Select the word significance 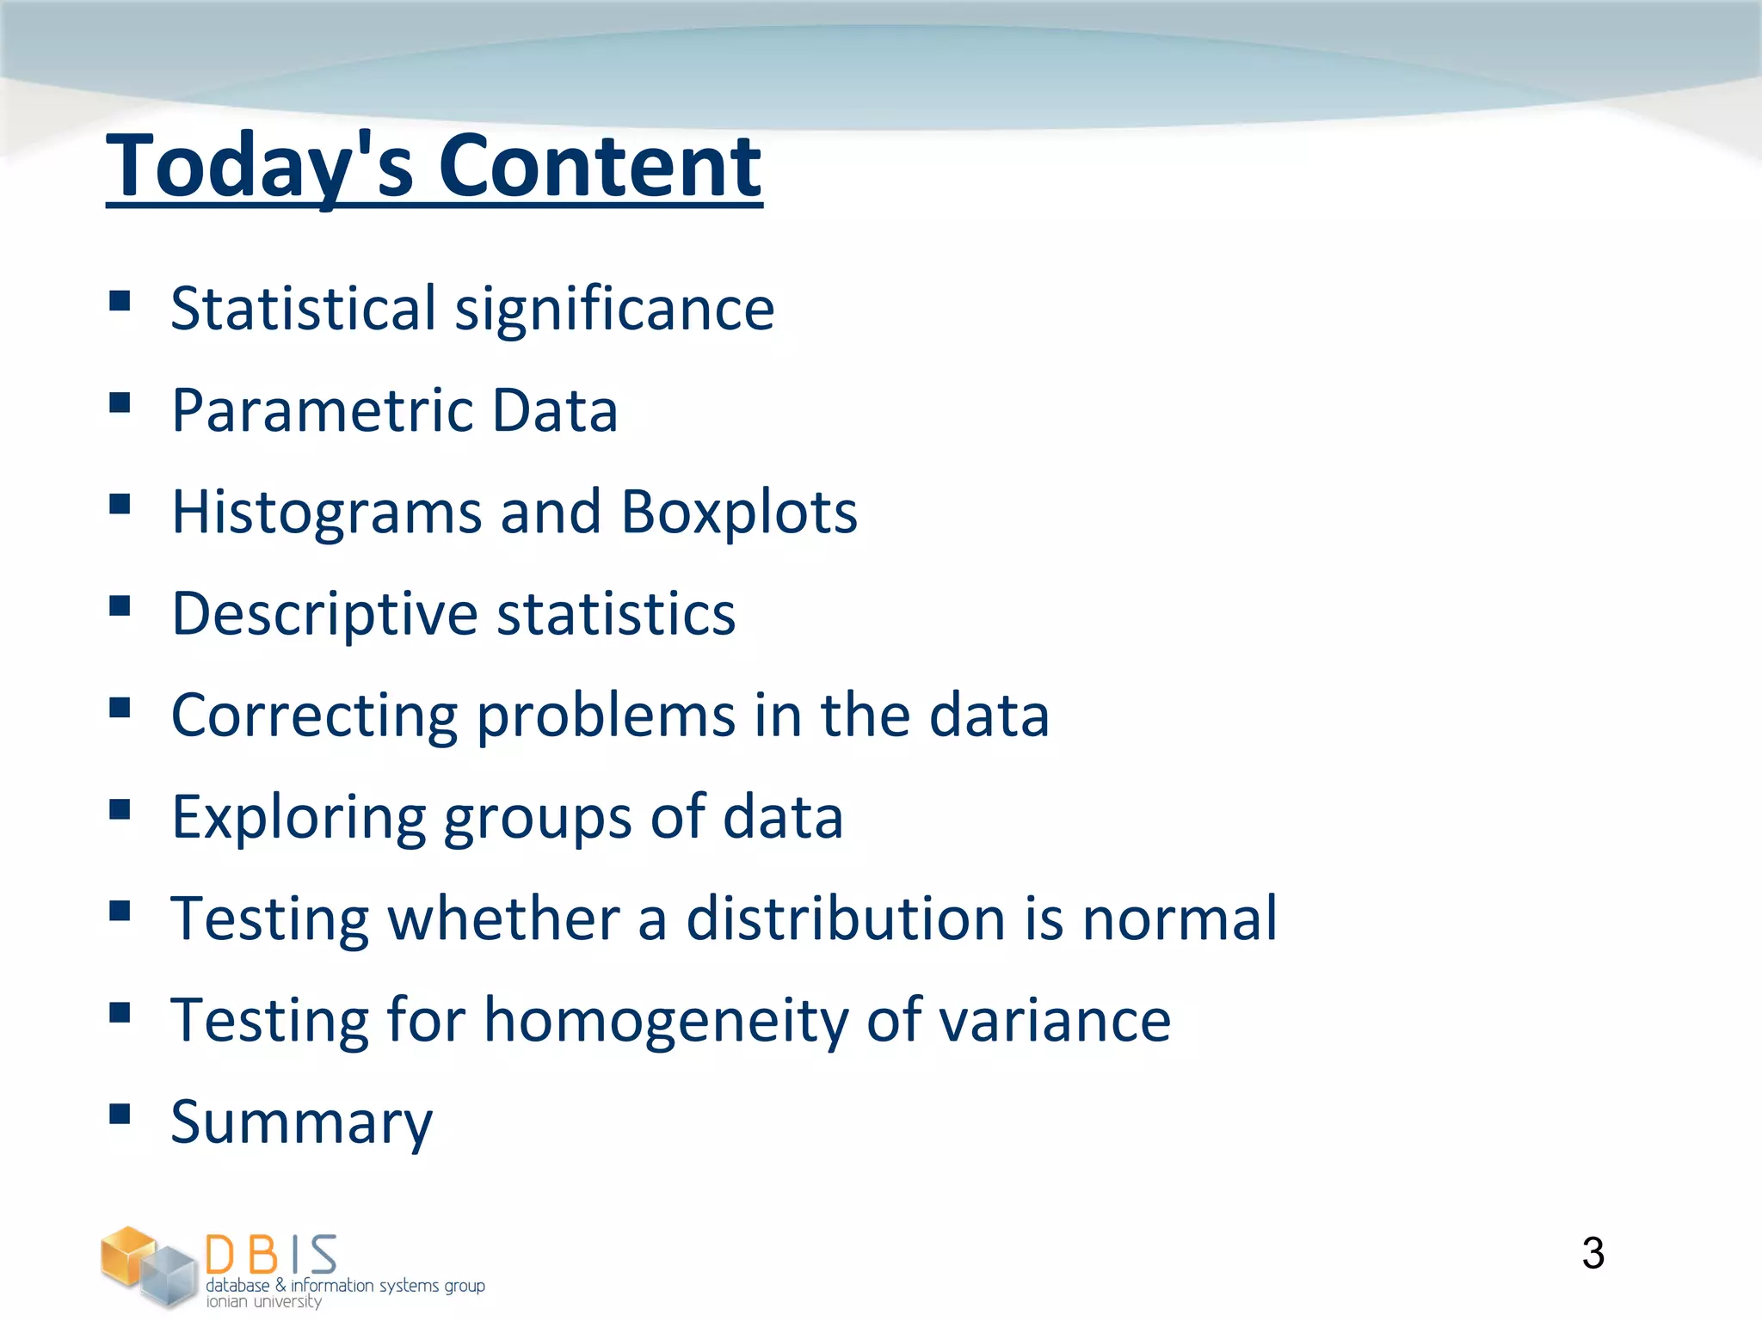[614, 309]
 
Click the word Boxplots [738, 513]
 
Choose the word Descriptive [324, 614]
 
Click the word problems [606, 716]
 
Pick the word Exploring [299, 817]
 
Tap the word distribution [845, 919]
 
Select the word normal [1179, 919]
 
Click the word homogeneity [666, 1021]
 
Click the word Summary [301, 1122]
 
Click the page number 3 [1593, 1253]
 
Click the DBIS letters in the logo [271, 1255]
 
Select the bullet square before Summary [120, 1114]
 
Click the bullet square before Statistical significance [120, 300]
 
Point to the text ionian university [263, 1302]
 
